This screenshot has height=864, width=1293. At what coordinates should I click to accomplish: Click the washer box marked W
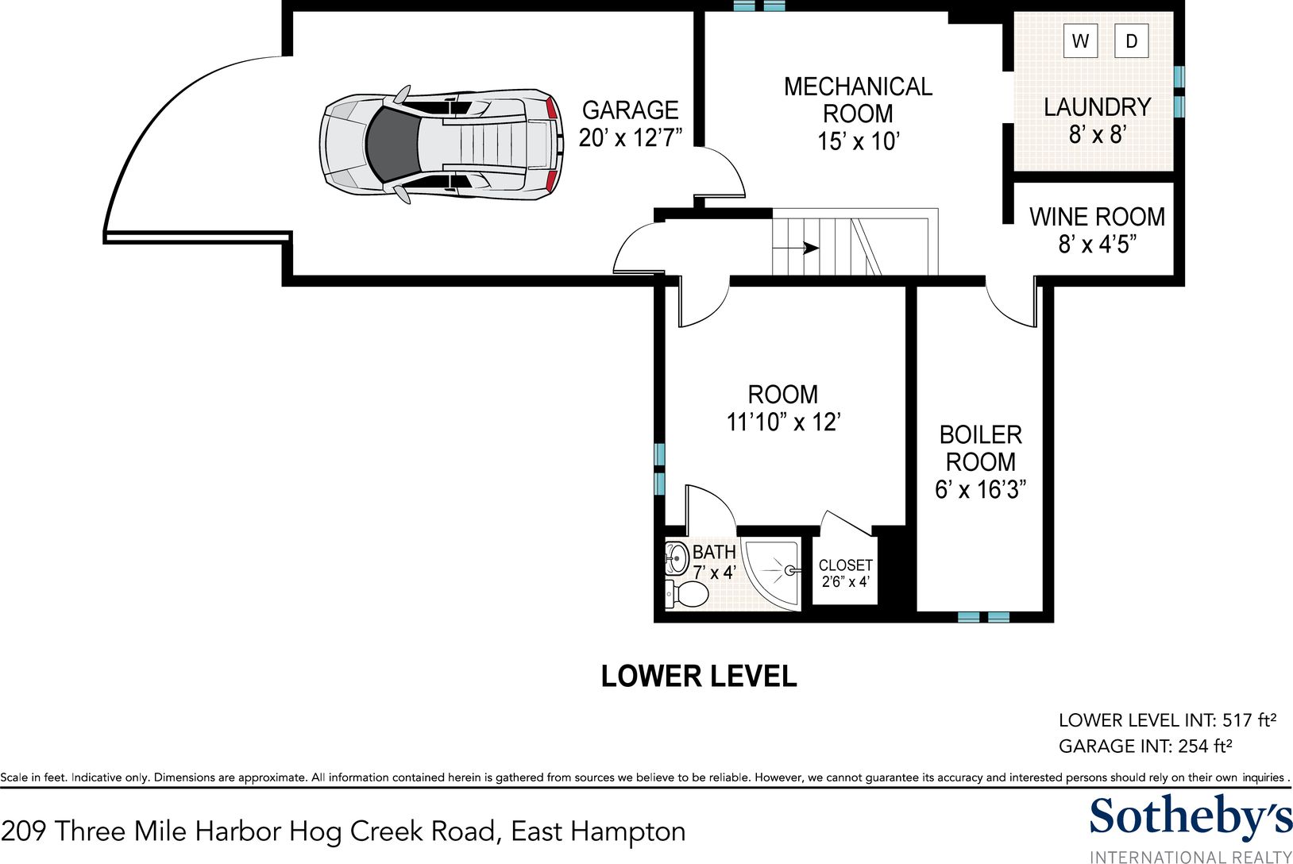click(1081, 41)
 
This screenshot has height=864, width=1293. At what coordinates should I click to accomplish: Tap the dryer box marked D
click(1131, 41)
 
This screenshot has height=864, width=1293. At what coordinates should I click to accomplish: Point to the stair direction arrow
click(797, 249)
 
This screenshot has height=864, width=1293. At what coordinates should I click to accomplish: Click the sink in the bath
click(677, 558)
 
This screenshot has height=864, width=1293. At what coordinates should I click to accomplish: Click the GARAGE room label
click(631, 110)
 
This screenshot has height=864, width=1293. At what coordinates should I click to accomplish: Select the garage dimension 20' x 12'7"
click(631, 138)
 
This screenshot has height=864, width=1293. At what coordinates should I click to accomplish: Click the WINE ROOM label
click(1098, 217)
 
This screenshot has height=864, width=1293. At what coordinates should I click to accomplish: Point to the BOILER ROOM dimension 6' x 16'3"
click(981, 489)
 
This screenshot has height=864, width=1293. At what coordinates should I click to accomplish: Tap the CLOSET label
click(846, 565)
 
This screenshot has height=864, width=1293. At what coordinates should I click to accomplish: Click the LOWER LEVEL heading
click(699, 677)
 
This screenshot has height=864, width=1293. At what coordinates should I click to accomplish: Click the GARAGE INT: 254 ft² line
click(1145, 746)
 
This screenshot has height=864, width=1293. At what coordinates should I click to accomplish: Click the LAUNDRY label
click(1098, 107)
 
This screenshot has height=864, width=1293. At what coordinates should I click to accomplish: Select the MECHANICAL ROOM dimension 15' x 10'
click(859, 141)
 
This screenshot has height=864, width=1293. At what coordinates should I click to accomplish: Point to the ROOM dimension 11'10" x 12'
click(783, 422)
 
